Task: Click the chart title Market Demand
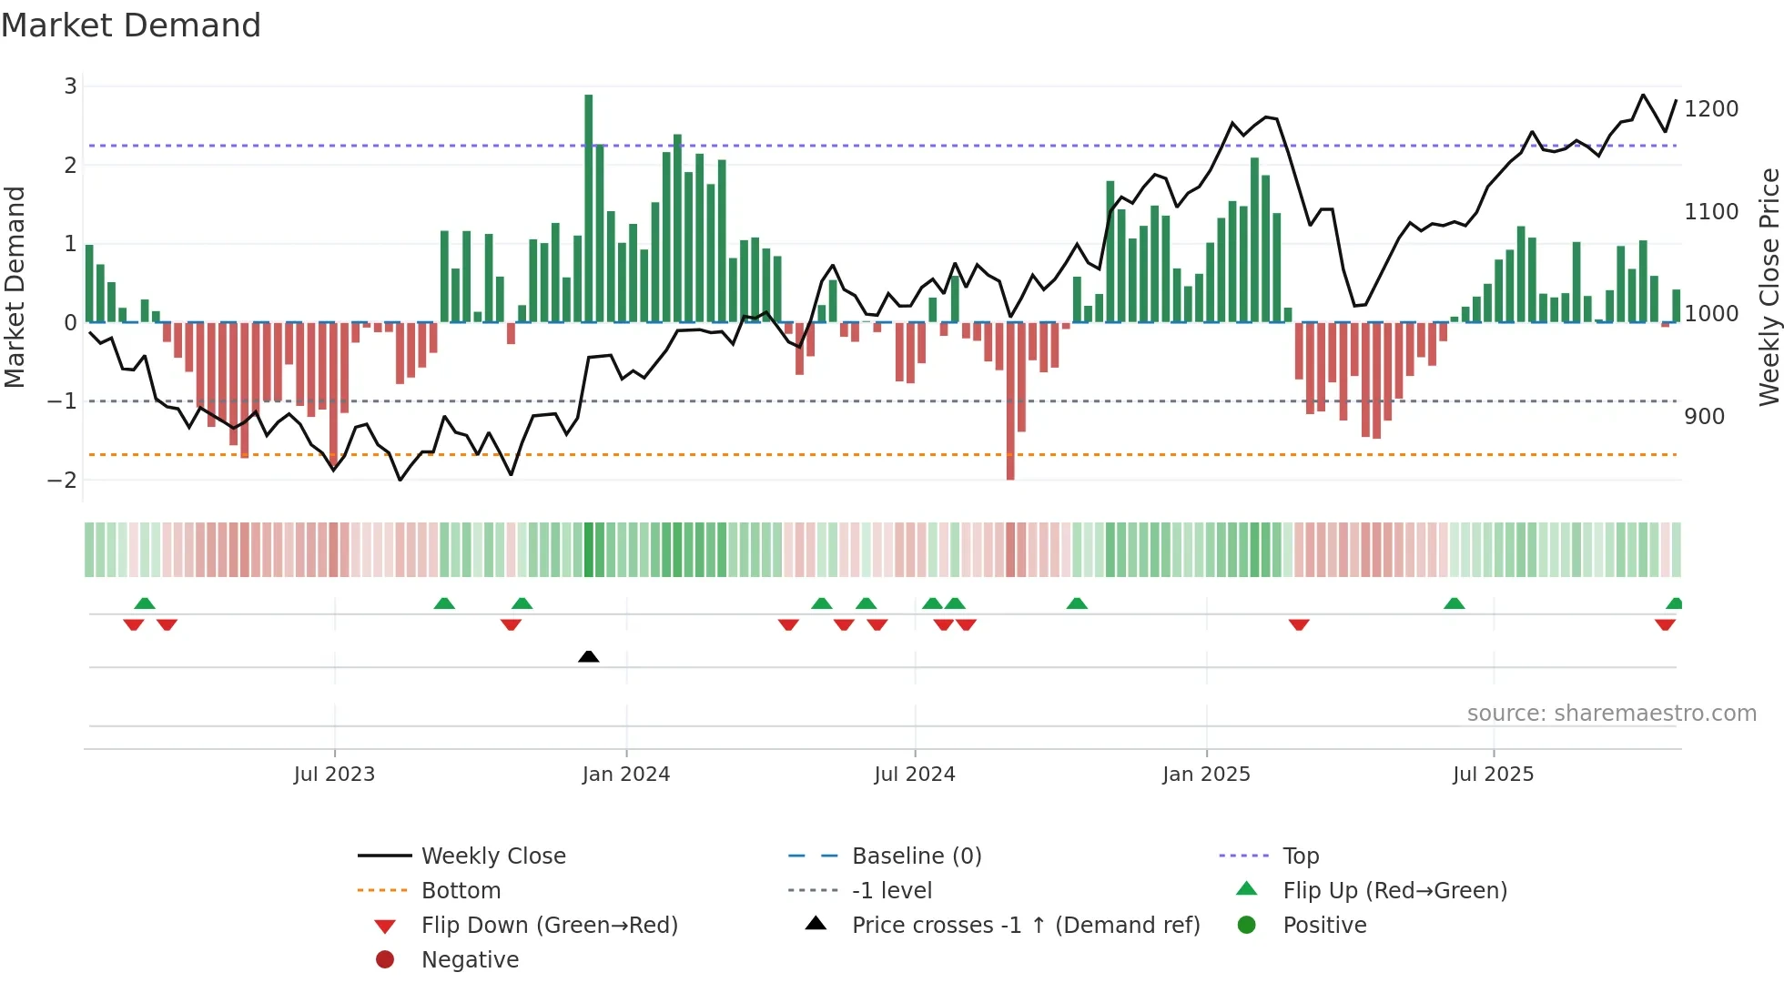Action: (131, 25)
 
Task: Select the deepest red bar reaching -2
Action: (1010, 400)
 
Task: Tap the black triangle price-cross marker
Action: (589, 656)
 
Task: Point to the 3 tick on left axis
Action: (70, 86)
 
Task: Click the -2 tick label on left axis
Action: (63, 480)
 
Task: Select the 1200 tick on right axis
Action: (1711, 109)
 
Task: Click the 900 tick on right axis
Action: (1704, 417)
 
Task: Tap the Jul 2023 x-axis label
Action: (334, 775)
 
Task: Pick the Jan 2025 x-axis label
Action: (1206, 775)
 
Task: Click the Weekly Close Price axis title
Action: (1769, 287)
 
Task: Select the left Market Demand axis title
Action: (15, 287)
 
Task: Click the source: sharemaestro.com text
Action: (1611, 714)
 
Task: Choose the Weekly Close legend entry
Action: (492, 856)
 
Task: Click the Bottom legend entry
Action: (461, 891)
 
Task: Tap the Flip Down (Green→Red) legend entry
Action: (549, 926)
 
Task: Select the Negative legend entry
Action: (470, 960)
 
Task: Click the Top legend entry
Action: (1300, 856)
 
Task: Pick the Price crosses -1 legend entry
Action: (1025, 926)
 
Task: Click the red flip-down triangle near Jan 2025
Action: (1299, 624)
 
